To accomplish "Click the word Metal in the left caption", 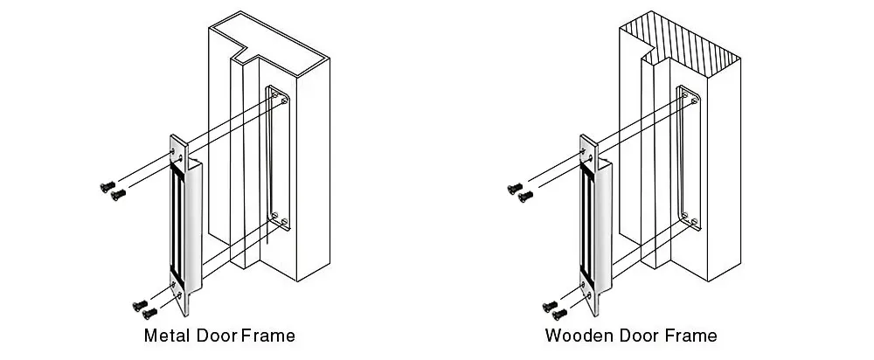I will pyautogui.click(x=164, y=336).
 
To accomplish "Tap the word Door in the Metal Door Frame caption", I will pyautogui.click(x=214, y=336).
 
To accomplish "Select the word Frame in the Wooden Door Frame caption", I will pyautogui.click(x=690, y=336).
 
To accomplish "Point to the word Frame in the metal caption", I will pyautogui.click(x=268, y=336).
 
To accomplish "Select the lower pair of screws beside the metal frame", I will pyautogui.click(x=143, y=307).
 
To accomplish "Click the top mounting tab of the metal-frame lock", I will pyautogui.click(x=178, y=150).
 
